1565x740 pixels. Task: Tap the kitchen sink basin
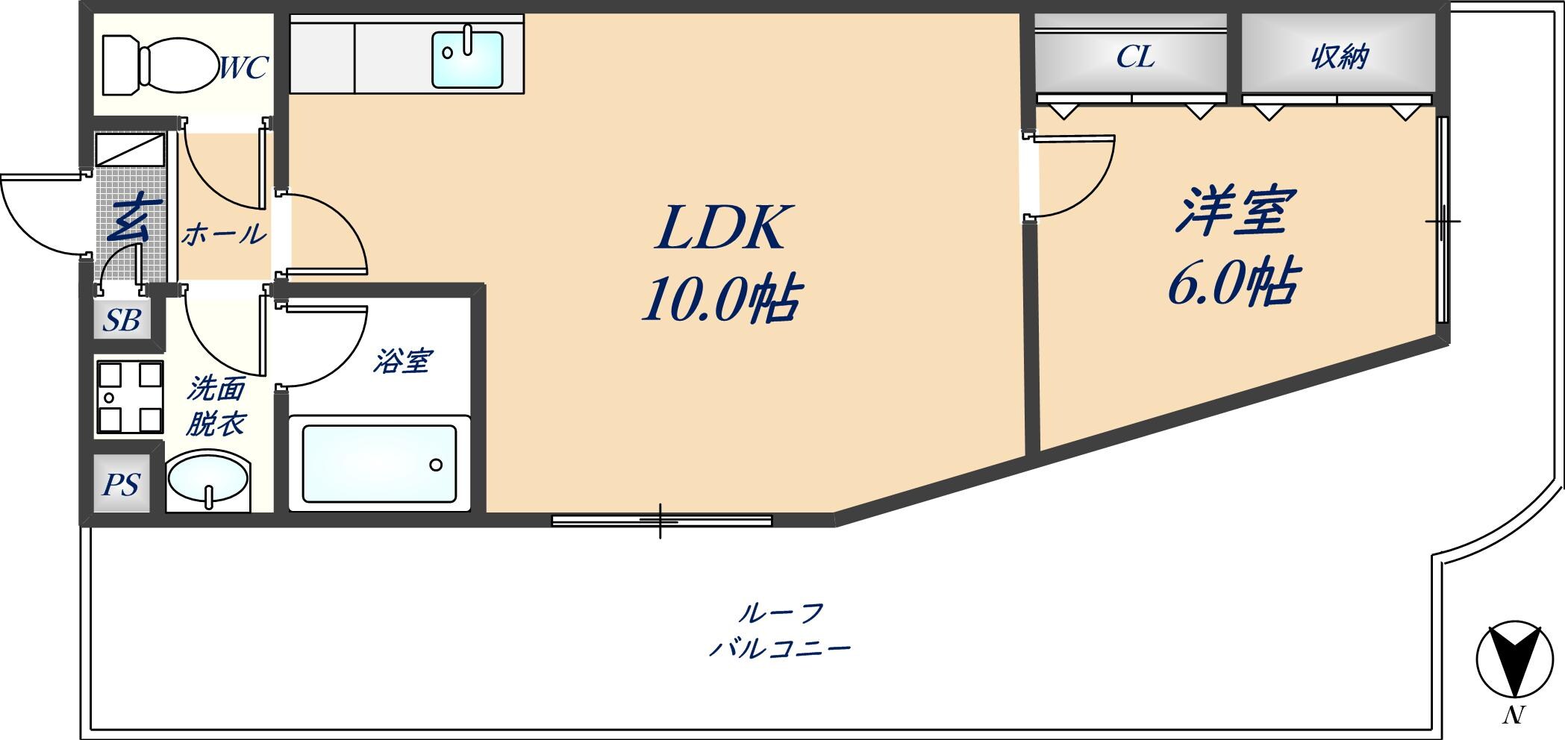[467, 59]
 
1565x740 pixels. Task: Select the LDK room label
[721, 228]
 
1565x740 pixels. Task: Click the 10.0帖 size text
[722, 299]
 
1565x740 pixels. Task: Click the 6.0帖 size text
[1234, 283]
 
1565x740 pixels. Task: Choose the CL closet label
[1135, 57]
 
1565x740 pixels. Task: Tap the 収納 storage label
[1340, 57]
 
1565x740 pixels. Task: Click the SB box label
[122, 321]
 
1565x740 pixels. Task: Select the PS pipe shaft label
[121, 485]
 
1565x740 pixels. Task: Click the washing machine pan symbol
[130, 397]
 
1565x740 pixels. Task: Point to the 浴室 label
[403, 361]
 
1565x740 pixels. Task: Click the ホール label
[224, 235]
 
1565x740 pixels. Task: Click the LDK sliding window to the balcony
[662, 521]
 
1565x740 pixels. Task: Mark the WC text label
[243, 68]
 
